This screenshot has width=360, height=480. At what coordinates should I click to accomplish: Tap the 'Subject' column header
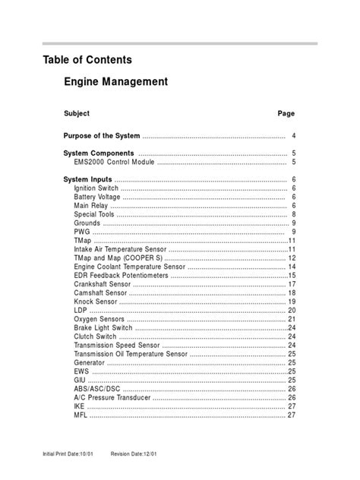click(x=77, y=113)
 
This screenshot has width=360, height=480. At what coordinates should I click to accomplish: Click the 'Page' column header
click(x=286, y=113)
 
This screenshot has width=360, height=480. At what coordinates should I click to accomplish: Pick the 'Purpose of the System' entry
click(x=102, y=136)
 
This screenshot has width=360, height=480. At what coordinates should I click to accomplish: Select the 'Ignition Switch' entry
click(x=96, y=188)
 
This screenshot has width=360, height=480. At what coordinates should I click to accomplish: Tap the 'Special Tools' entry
click(x=95, y=214)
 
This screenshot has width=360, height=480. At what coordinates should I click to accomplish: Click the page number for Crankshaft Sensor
click(x=292, y=284)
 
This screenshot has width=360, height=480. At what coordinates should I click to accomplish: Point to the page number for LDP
click(x=292, y=311)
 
